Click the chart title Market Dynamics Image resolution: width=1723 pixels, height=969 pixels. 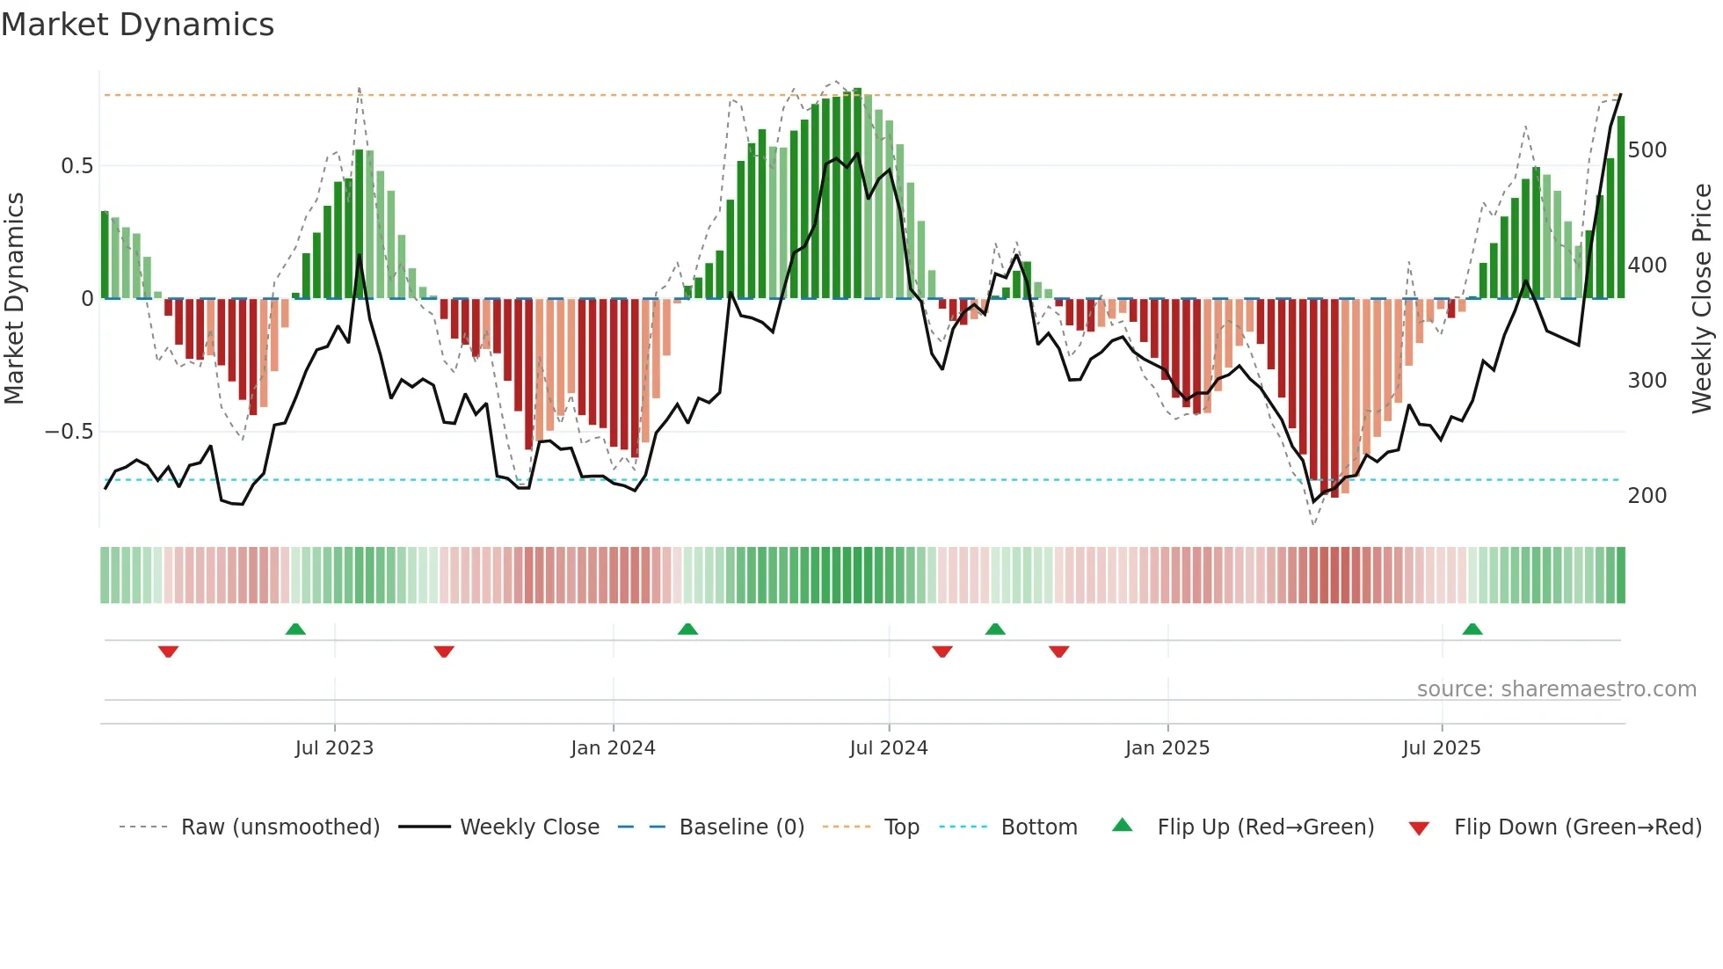[138, 25]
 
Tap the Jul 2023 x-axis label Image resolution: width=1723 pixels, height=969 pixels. [334, 748]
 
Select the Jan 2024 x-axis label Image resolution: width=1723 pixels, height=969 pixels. [613, 748]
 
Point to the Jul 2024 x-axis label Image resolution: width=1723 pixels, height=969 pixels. [889, 748]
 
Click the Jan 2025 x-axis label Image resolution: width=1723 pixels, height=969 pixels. [1167, 748]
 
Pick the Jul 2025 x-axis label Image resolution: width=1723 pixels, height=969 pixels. [1442, 748]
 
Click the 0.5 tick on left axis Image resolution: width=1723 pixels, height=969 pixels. [76, 166]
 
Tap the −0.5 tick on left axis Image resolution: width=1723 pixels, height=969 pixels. [69, 432]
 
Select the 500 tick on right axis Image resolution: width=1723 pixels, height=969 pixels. [1647, 150]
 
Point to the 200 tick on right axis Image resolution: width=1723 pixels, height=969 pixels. [1647, 496]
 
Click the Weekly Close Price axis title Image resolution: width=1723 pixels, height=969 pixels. [1702, 299]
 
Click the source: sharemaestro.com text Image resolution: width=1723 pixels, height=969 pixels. [1556, 689]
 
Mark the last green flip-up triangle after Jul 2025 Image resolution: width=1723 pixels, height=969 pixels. [1472, 629]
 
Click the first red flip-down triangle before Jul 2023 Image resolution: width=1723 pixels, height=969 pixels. [169, 652]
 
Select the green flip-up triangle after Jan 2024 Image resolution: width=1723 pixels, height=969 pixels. [687, 629]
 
